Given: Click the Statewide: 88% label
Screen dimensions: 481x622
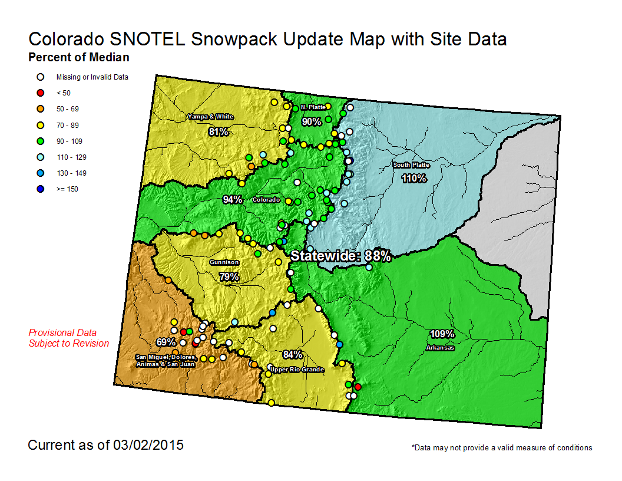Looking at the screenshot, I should (x=341, y=256).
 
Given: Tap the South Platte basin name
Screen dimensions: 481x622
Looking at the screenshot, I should (x=411, y=165).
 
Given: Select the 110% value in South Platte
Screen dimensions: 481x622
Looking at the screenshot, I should (x=413, y=178).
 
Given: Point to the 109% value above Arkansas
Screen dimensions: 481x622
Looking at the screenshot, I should (x=442, y=334).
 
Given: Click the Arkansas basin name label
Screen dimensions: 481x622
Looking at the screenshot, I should (x=441, y=348).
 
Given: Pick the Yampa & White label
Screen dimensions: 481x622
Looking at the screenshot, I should (x=210, y=117).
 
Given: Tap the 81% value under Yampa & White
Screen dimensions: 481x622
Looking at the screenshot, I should (x=218, y=131).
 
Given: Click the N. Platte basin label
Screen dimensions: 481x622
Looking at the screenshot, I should (x=313, y=107).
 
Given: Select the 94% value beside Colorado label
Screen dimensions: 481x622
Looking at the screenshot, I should (x=233, y=200).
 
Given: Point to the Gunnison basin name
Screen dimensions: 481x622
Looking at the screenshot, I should (x=224, y=262).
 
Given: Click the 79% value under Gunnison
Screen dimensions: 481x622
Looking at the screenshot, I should (x=229, y=276).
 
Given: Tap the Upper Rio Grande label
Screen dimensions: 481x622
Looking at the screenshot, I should (x=297, y=370).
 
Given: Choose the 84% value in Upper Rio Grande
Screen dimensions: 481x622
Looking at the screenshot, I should (x=293, y=354).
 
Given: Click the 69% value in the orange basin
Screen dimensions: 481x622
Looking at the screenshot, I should (x=166, y=342).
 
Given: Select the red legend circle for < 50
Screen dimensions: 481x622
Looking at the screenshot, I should (x=40, y=93).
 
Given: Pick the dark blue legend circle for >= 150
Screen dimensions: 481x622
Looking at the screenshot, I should (x=40, y=189).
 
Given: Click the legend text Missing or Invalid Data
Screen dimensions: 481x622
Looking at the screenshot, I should (x=92, y=77).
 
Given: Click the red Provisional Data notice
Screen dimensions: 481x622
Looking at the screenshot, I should (x=69, y=338).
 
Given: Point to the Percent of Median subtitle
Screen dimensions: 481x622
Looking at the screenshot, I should (x=79, y=58).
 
